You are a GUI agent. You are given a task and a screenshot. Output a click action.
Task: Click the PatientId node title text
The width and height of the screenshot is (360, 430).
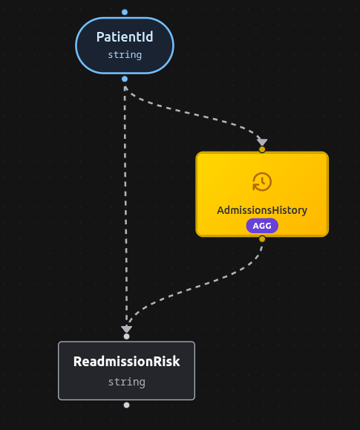click(x=125, y=37)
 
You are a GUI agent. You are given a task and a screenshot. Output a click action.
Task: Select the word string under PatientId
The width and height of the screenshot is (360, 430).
click(x=125, y=55)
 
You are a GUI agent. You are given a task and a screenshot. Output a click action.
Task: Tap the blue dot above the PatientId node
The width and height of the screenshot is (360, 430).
click(x=125, y=12)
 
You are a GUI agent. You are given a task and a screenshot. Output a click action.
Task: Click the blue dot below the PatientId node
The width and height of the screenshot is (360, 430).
click(x=125, y=79)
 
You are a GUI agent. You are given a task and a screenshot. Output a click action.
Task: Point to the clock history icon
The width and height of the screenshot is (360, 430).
click(x=262, y=182)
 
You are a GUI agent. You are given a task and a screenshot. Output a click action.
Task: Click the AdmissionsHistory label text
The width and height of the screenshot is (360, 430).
click(x=262, y=210)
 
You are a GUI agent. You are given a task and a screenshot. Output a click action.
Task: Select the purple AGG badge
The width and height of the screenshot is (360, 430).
click(x=262, y=226)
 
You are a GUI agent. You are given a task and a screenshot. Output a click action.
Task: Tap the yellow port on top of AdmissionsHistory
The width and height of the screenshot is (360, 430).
click(x=262, y=149)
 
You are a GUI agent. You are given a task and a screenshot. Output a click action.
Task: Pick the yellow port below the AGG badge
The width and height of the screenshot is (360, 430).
click(x=262, y=239)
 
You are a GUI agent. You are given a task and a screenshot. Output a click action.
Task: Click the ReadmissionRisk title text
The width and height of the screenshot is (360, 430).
click(x=126, y=362)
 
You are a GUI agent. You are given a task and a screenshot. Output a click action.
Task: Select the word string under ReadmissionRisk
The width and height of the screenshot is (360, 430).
click(x=126, y=382)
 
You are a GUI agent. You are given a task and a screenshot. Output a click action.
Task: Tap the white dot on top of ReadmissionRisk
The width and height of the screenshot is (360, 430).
click(x=126, y=336)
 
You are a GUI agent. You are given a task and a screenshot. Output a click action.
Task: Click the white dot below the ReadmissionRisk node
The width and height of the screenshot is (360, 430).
click(x=126, y=405)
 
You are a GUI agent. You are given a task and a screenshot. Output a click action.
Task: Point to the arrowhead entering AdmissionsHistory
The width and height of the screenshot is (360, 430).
click(x=261, y=141)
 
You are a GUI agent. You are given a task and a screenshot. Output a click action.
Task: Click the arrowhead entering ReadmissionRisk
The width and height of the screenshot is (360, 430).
click(x=126, y=328)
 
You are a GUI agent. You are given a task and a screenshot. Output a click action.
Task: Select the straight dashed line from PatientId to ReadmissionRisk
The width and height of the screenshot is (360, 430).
click(x=125, y=208)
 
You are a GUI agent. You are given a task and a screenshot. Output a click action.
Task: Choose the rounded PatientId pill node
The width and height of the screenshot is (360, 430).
click(x=89, y=46)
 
